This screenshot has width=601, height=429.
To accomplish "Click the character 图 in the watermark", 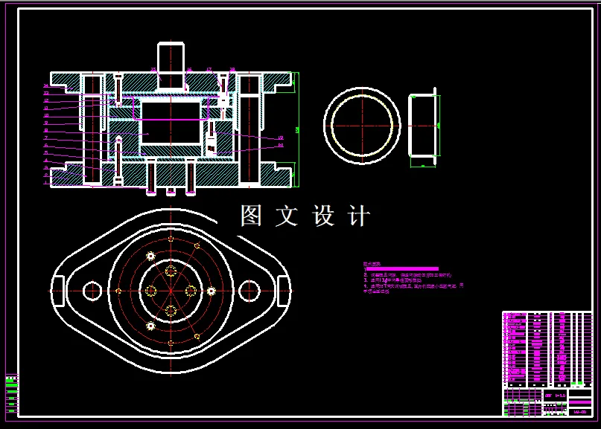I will (x=250, y=216).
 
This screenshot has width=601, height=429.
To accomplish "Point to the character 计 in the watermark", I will (x=359, y=216).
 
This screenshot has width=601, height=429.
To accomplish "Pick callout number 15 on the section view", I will (x=153, y=70).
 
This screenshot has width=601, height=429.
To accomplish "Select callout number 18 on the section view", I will (x=232, y=70).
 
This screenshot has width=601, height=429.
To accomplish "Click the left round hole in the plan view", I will (x=92, y=289).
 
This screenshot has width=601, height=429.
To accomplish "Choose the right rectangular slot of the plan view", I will (x=284, y=289).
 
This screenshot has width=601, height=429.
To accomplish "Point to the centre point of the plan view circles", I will (x=171, y=289).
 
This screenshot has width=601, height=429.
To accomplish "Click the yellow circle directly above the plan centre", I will (x=171, y=270).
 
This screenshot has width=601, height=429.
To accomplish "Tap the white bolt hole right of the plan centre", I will (x=211, y=289).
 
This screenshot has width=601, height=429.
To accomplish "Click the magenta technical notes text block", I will (x=413, y=280).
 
